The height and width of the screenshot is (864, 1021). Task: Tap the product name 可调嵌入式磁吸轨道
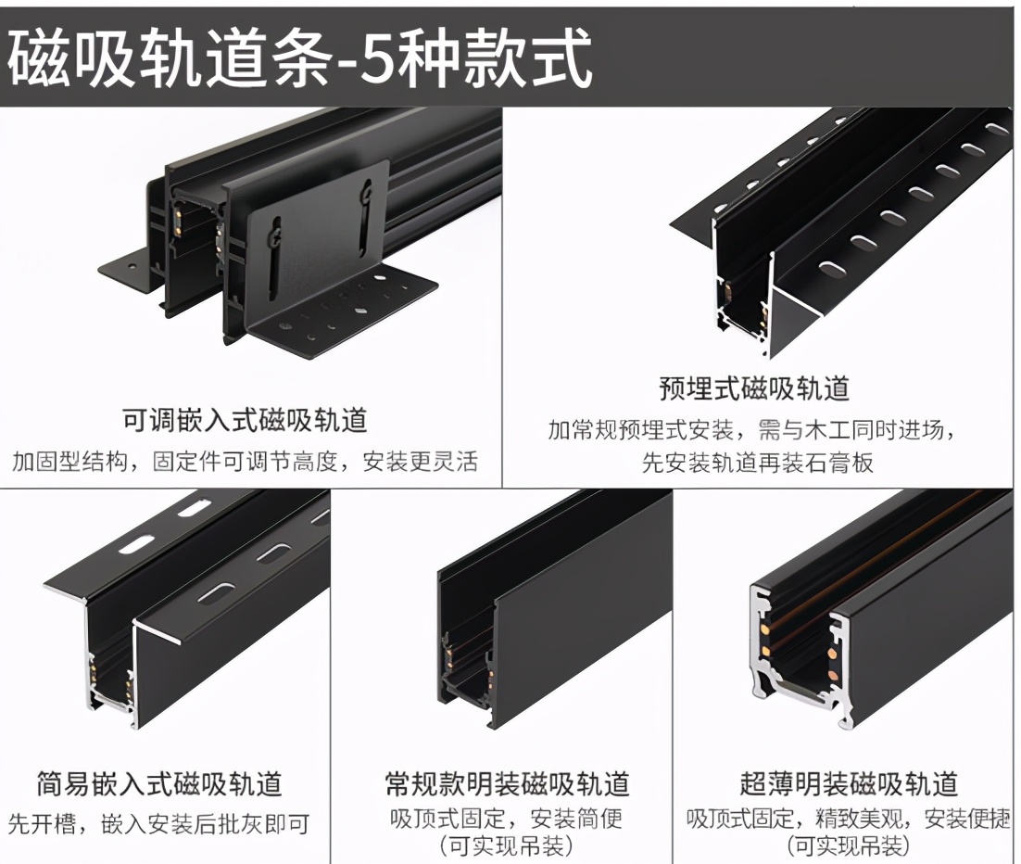(x=245, y=420)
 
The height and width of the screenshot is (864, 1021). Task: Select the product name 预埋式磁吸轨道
(x=753, y=388)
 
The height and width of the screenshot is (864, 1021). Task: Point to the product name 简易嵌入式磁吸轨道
(x=158, y=783)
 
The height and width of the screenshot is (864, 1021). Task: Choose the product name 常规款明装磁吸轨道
(x=507, y=783)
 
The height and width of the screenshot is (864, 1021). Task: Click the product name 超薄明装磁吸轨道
(x=848, y=783)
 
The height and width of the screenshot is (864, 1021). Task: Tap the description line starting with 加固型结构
(x=245, y=461)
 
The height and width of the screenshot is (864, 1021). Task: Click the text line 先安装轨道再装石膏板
(x=757, y=462)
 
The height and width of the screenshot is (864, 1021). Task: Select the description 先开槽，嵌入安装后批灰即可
(x=158, y=822)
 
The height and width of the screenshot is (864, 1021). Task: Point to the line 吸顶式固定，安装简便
(x=506, y=819)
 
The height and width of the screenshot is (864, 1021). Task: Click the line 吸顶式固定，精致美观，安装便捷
(x=848, y=819)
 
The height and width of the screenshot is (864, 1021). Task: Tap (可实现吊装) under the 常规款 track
(x=506, y=845)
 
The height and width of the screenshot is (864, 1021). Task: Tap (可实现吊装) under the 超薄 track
(x=848, y=845)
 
